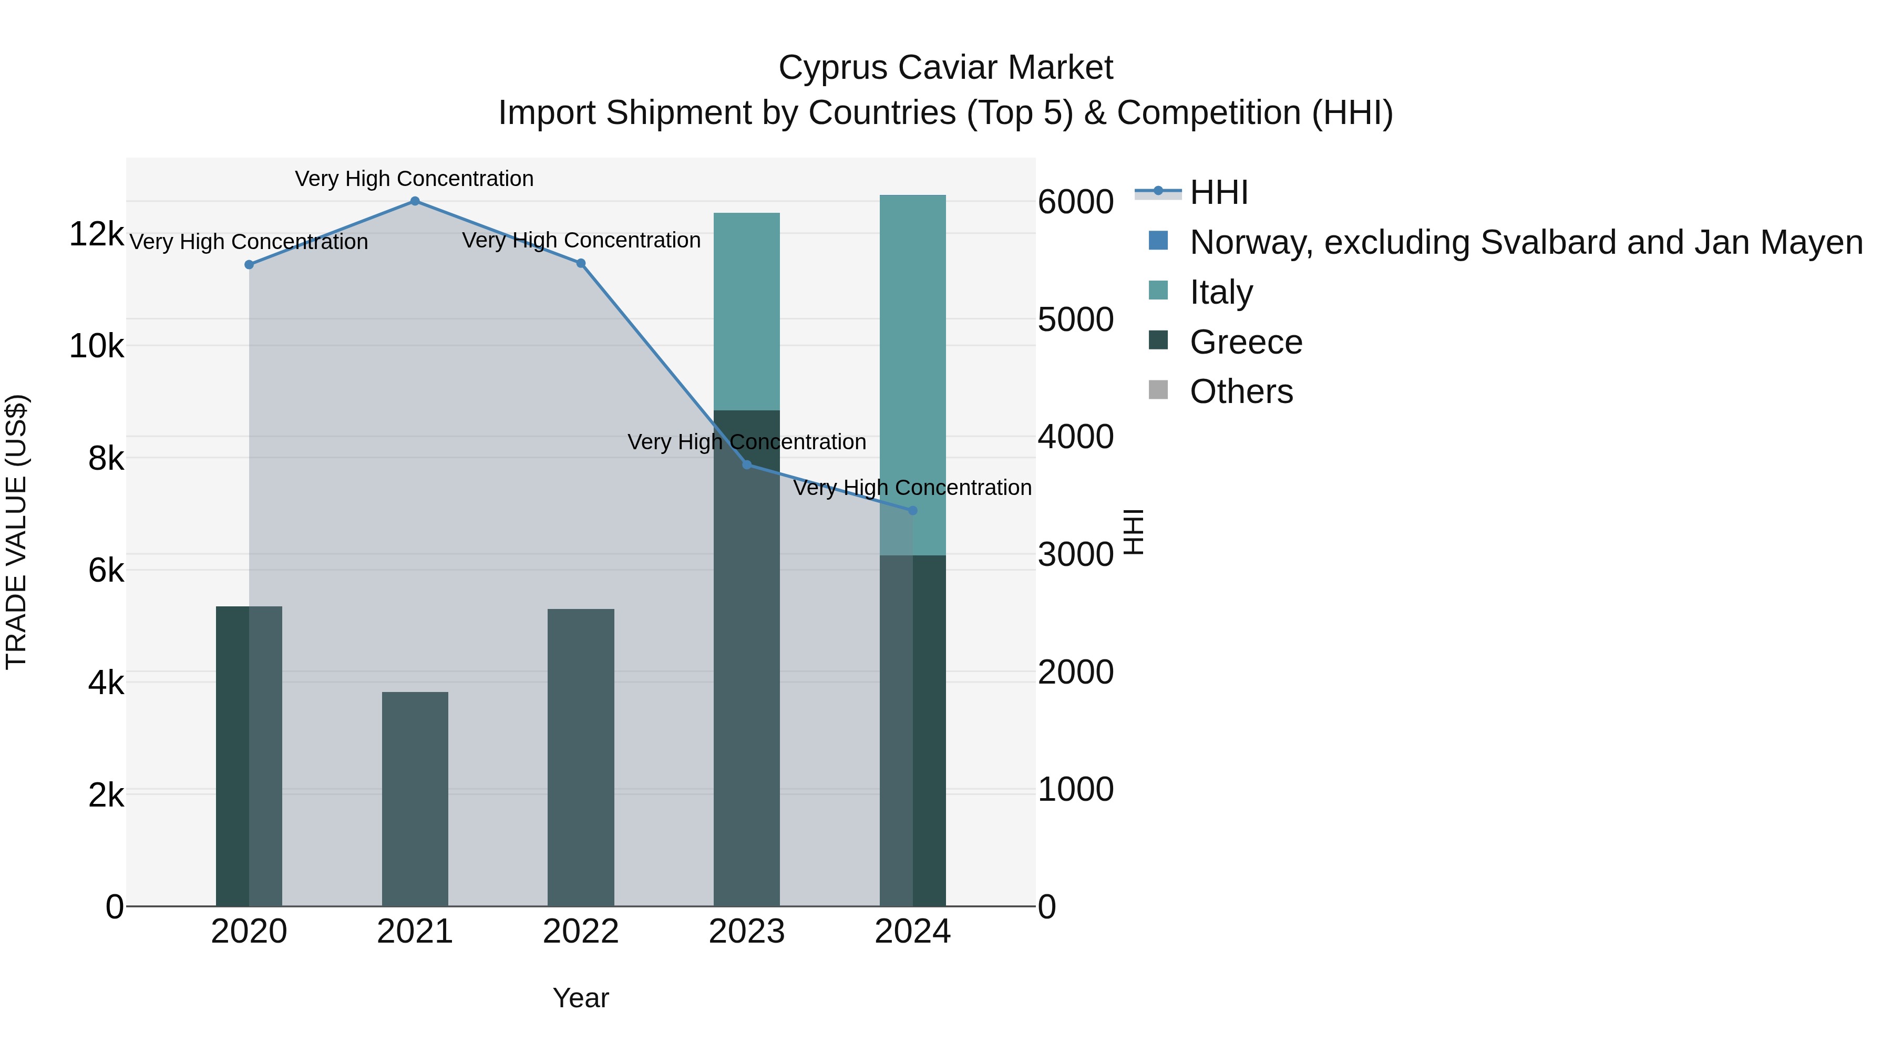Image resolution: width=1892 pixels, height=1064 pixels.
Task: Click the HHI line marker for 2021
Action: click(415, 201)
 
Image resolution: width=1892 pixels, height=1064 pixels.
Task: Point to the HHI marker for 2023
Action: click(747, 465)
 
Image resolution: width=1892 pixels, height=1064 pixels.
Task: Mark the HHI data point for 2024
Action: click(913, 510)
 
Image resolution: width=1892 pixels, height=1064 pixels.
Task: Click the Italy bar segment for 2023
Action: click(747, 312)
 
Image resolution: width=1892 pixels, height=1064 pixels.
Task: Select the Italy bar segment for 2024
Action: click(913, 375)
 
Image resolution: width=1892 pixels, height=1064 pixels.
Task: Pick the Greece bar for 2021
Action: click(415, 799)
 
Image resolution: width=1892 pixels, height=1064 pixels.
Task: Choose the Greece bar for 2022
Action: click(581, 758)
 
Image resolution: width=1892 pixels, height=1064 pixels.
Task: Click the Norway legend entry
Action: click(1526, 242)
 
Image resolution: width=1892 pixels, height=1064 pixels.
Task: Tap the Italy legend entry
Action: click(1221, 292)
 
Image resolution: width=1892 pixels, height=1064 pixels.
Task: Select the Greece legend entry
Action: click(1246, 342)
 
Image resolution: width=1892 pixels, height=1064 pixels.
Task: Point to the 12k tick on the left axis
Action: click(96, 234)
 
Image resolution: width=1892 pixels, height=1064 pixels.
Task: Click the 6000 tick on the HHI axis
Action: click(1075, 202)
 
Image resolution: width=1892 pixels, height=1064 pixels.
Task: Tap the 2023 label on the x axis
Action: click(747, 932)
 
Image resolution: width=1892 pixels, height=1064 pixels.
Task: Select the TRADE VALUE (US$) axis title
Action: click(17, 532)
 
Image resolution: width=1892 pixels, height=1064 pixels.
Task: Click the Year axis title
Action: click(581, 998)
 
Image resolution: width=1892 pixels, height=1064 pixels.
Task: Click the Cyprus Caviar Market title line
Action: click(946, 68)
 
